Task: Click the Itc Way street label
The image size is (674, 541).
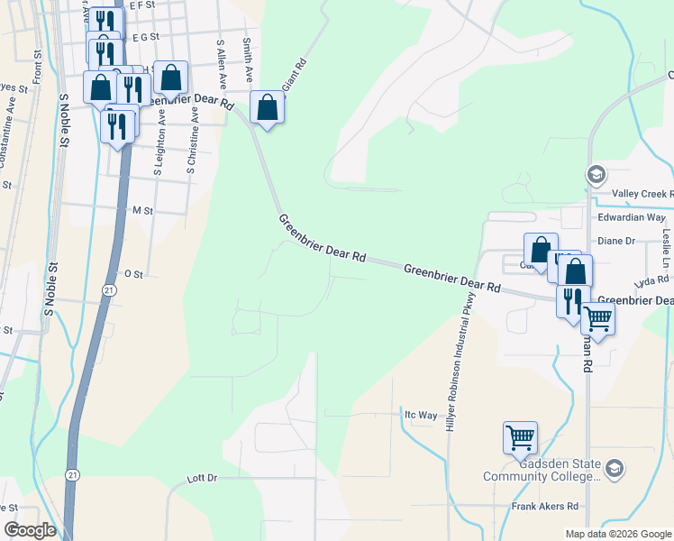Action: click(x=420, y=416)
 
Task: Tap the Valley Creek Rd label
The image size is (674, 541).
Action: click(x=642, y=194)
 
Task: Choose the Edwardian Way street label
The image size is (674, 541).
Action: click(x=631, y=217)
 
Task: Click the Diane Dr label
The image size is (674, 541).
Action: click(x=617, y=241)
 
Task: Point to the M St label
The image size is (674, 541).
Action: click(x=142, y=210)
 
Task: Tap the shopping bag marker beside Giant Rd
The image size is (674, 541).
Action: click(x=268, y=108)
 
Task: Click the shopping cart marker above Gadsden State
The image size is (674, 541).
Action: click(x=521, y=437)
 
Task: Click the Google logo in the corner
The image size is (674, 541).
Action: click(x=30, y=530)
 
